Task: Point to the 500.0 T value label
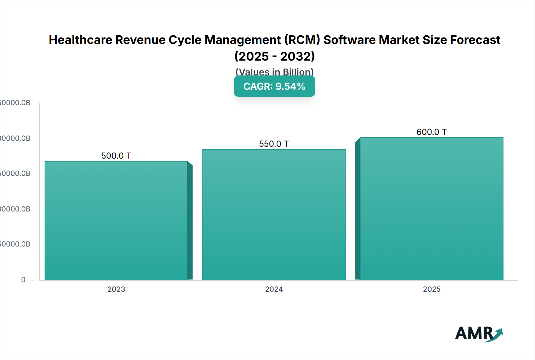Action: click(116, 156)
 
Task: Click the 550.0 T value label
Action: click(274, 144)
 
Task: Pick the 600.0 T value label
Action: click(432, 132)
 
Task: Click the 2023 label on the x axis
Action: click(116, 289)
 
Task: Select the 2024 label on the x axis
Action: click(274, 289)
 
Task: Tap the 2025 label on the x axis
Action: click(432, 289)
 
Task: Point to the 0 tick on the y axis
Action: click(23, 280)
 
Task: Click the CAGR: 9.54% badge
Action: click(274, 86)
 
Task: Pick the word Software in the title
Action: click(350, 40)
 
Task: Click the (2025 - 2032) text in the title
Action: click(274, 56)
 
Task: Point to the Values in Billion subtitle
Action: click(274, 72)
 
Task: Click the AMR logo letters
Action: click(474, 333)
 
